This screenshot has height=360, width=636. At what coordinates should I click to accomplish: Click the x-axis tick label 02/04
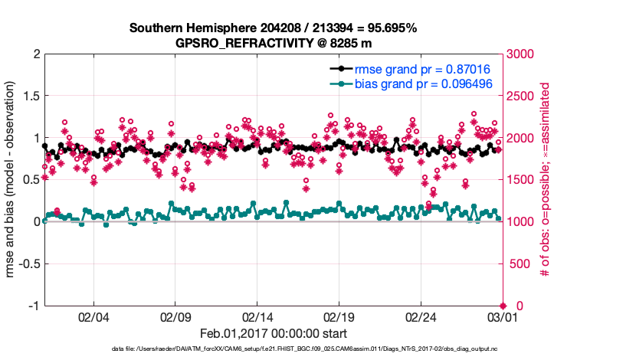point(93,316)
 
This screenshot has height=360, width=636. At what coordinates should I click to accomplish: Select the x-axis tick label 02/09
point(175,316)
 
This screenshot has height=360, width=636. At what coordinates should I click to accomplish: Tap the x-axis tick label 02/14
point(257,316)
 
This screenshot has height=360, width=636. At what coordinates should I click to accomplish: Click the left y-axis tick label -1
point(32,306)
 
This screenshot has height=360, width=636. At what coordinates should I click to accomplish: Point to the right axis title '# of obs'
point(546,180)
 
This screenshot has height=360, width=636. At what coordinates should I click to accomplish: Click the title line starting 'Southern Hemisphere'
point(273,28)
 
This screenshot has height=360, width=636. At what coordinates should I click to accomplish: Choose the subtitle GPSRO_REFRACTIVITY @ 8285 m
point(273,43)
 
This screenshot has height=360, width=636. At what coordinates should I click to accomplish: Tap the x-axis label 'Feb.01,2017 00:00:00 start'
point(274,333)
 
